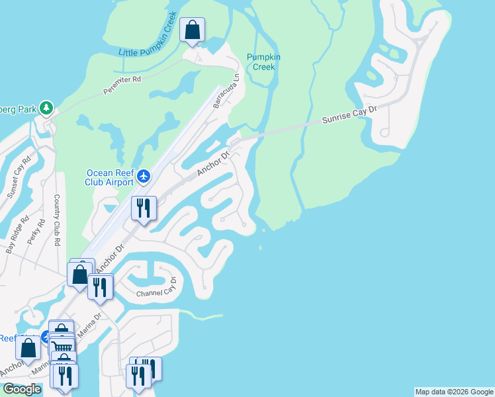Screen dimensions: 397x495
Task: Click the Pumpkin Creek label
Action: point(263,62)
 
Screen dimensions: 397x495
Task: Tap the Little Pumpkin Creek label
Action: point(148,41)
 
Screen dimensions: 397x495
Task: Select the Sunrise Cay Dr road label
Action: point(349,114)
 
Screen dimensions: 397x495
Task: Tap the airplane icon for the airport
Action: point(145,177)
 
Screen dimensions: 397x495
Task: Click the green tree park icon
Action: point(46,107)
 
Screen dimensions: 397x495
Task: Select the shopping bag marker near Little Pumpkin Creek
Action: point(192,30)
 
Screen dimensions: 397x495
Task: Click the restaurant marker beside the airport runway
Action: point(144,208)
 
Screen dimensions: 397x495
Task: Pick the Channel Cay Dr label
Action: point(157,291)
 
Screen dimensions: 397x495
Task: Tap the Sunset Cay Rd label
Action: point(19,177)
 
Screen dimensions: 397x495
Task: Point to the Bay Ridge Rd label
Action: point(18,235)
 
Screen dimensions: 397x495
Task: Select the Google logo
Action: point(21,389)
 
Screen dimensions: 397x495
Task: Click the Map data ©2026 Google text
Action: point(453,392)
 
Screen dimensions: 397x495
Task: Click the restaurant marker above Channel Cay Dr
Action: point(100,287)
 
